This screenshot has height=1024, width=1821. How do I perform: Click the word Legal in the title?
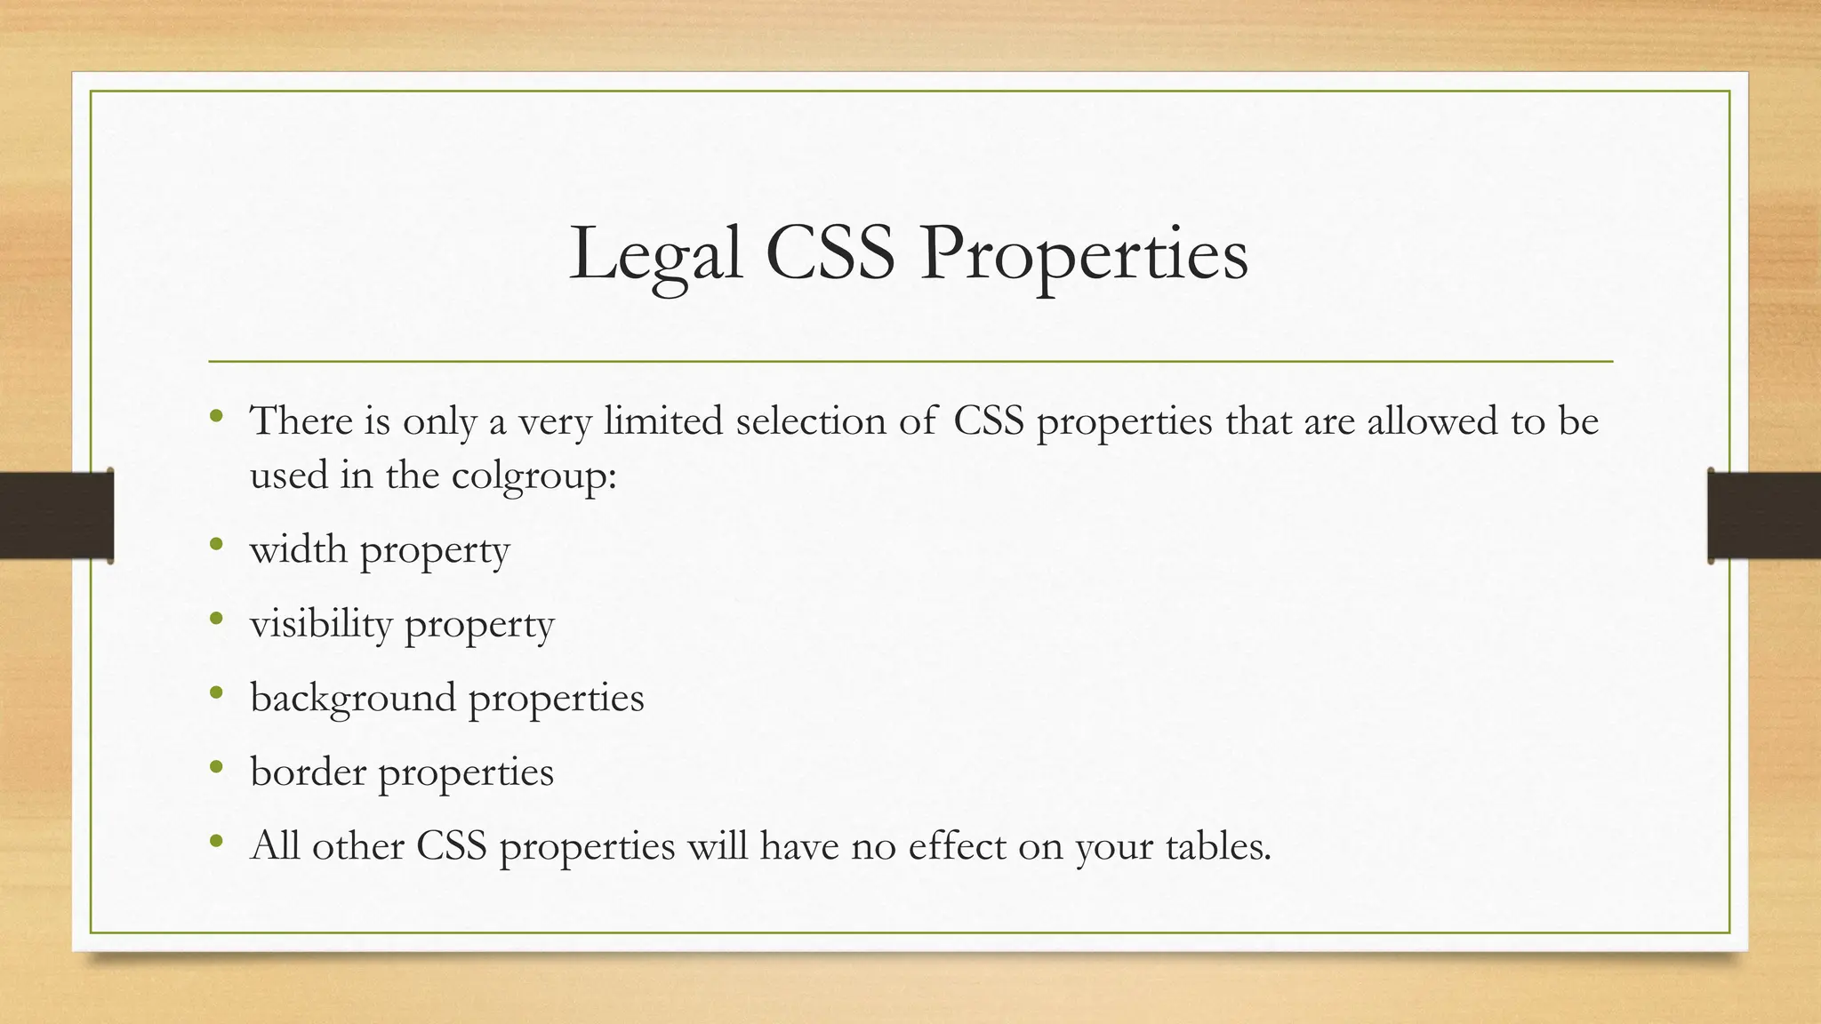tap(655, 256)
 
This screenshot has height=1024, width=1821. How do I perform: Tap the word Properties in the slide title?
tap(1084, 256)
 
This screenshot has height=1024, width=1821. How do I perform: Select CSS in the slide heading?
tap(830, 254)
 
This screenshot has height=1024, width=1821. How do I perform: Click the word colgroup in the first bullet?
tap(533, 476)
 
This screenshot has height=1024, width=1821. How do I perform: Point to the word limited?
tap(662, 420)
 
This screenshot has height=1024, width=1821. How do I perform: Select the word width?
tap(298, 549)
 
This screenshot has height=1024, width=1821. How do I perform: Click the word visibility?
tap(321, 624)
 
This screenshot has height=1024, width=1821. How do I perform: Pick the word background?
tap(353, 698)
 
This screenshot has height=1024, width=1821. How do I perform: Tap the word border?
tap(308, 772)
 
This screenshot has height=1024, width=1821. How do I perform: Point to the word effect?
tap(957, 845)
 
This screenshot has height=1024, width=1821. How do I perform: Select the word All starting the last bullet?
tap(275, 845)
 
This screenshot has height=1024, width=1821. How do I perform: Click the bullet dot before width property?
tap(216, 544)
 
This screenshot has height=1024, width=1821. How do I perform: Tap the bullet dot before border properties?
tap(216, 766)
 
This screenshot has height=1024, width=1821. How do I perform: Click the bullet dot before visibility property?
tap(216, 619)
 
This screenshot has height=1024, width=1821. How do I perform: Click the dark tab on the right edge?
tap(1764, 516)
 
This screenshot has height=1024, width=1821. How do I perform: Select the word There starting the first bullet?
tap(301, 420)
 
